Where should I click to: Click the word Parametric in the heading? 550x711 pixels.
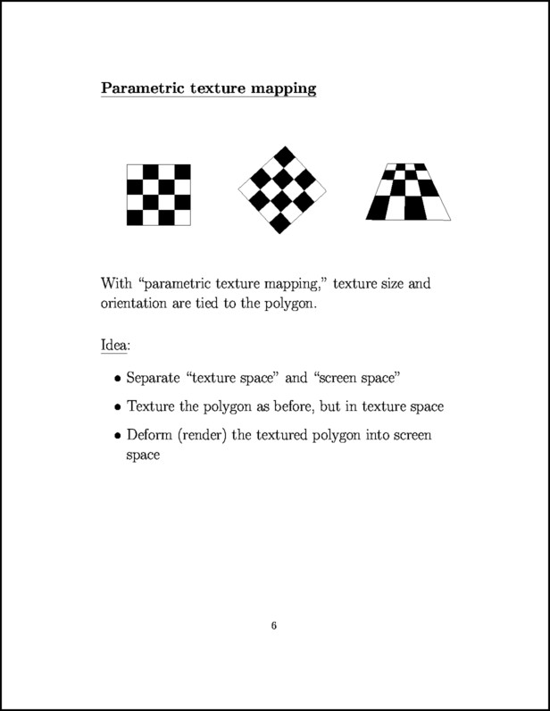pos(138,88)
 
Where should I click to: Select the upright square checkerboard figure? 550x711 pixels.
pos(158,195)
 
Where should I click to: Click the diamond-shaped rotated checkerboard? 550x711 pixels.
pos(282,188)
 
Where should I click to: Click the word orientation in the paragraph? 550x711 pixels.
pos(141,304)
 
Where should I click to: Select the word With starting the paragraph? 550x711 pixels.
pos(117,284)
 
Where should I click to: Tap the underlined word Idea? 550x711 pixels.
pos(114,344)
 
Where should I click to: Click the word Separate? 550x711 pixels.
pos(155,378)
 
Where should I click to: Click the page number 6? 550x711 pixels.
pos(274,626)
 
